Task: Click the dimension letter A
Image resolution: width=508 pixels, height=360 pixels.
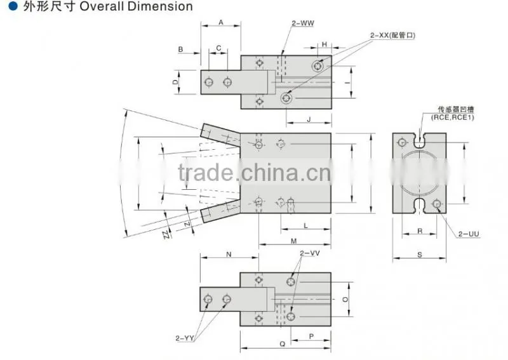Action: [221, 22]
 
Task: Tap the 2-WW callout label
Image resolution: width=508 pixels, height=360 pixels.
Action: [303, 23]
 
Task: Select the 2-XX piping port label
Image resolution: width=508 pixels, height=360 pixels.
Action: [392, 35]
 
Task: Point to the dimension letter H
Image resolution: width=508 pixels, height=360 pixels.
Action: [324, 44]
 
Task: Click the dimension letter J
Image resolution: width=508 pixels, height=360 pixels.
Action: [309, 119]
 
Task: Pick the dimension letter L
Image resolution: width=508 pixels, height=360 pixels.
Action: [305, 225]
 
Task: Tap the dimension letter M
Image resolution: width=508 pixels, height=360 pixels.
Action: [294, 241]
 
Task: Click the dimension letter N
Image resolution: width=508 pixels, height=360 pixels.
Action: [229, 255]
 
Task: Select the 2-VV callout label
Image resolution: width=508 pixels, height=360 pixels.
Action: [310, 253]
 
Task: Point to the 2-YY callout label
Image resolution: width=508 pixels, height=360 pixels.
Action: [185, 338]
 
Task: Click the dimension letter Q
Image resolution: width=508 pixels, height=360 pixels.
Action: [283, 343]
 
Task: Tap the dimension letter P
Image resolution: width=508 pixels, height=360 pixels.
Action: [311, 337]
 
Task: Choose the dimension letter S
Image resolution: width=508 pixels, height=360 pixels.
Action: [420, 255]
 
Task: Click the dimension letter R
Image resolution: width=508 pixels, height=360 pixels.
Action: [420, 231]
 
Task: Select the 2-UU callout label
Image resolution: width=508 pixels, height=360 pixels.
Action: [469, 234]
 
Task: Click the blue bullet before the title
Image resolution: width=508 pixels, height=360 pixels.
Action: [13, 6]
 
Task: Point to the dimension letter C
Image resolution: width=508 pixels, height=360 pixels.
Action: [218, 48]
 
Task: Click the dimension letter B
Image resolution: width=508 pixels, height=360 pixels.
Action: [180, 50]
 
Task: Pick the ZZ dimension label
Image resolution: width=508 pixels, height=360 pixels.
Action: [167, 234]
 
